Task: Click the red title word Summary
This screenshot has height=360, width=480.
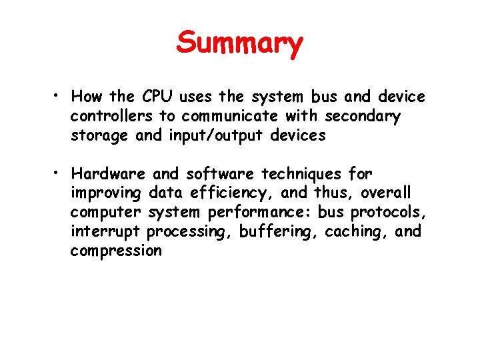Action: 240,44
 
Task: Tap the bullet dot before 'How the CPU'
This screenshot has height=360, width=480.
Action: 59,97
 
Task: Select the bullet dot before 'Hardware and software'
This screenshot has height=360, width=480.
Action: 59,173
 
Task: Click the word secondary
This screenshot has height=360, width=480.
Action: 363,116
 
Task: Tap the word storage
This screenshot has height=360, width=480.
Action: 101,136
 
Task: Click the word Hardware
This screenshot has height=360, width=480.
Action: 109,174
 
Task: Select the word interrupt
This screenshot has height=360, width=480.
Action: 105,232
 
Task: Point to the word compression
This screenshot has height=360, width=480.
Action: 116,251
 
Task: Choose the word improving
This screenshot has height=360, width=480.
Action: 106,193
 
